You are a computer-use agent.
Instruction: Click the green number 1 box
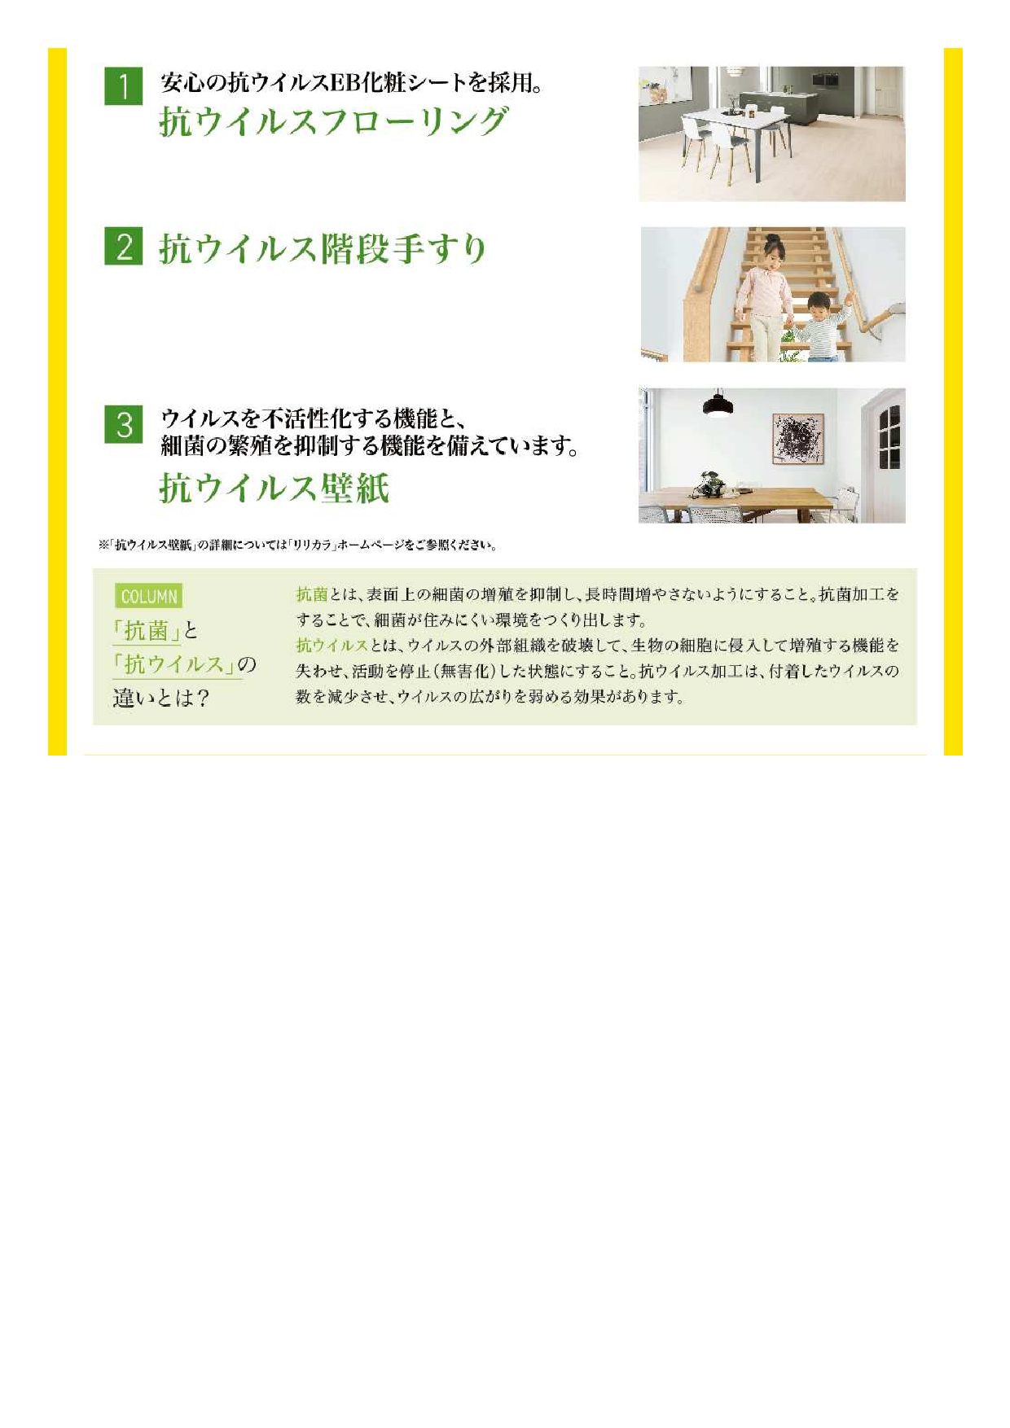tap(124, 85)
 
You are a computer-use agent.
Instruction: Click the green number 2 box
tap(124, 246)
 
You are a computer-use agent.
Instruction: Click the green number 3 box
tap(124, 424)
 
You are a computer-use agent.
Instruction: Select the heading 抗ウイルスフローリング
tap(333, 122)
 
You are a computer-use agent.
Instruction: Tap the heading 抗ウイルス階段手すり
tap(323, 248)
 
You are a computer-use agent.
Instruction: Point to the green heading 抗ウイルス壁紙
tap(274, 488)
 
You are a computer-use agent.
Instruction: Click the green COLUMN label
tap(149, 597)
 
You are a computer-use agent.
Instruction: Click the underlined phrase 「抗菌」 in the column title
tap(147, 631)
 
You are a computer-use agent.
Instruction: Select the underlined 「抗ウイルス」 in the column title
tap(174, 664)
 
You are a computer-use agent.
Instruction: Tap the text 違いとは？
tap(161, 699)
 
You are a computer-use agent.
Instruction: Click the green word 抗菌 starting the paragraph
tap(312, 594)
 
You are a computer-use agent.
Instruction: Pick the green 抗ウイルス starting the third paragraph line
tap(332, 646)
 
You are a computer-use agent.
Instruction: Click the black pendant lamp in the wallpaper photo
tap(718, 403)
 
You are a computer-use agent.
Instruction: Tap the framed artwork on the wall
tap(798, 438)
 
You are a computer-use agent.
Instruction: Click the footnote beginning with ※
tap(297, 545)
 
